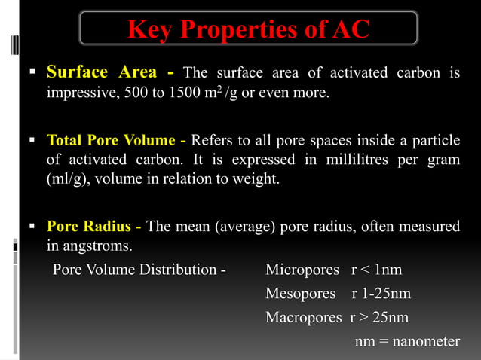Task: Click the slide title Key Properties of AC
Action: (x=249, y=29)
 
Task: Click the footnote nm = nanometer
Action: (x=407, y=341)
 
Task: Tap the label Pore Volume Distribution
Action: (x=139, y=270)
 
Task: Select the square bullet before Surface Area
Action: (x=32, y=73)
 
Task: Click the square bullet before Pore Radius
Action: (x=32, y=226)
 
